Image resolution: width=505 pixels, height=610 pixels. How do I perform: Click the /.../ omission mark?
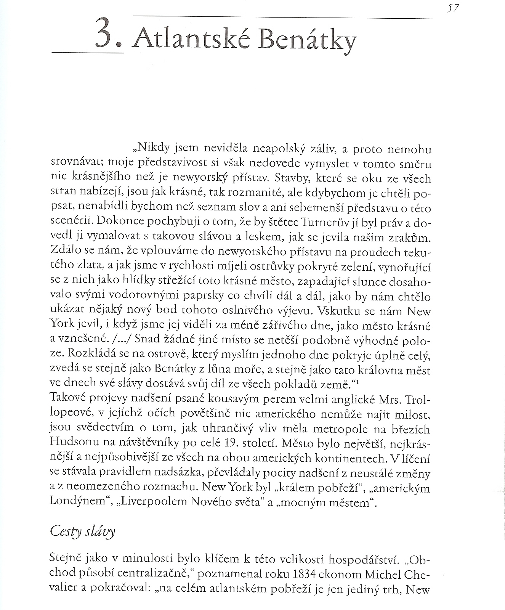coord(120,339)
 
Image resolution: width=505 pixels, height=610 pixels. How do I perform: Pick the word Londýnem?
coord(77,502)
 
